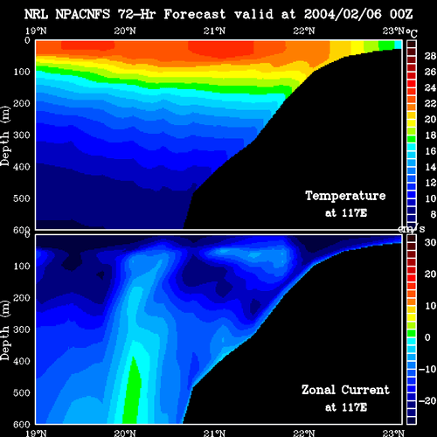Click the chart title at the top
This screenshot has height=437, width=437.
[x=218, y=14]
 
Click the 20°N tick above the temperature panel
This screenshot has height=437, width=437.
[x=125, y=31]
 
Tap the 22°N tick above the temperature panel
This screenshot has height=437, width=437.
[x=304, y=31]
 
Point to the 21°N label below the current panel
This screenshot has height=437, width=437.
[x=215, y=433]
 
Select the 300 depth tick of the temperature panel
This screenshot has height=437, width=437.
[x=22, y=135]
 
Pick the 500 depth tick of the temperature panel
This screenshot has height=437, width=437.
[x=22, y=198]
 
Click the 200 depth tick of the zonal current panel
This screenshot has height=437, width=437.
[x=22, y=298]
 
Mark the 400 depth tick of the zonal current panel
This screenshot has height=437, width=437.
[x=22, y=361]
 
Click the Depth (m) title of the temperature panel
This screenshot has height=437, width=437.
[x=5, y=136]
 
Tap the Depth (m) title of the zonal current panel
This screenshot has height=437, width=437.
[x=5, y=330]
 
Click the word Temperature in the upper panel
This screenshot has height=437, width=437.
[x=345, y=196]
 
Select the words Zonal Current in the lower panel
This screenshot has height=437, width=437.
[x=345, y=390]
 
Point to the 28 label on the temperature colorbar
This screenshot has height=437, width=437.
[x=430, y=56]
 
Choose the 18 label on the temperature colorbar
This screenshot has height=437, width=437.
[x=430, y=135]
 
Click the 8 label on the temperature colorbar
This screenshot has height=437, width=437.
[x=434, y=214]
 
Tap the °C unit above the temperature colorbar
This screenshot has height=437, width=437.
[x=412, y=33]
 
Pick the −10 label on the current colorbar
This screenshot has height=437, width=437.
[x=427, y=369]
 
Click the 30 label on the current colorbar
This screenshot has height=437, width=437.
[x=430, y=242]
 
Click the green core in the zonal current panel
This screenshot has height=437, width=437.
[x=132, y=392]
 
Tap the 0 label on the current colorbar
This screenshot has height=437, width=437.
[x=427, y=337]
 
